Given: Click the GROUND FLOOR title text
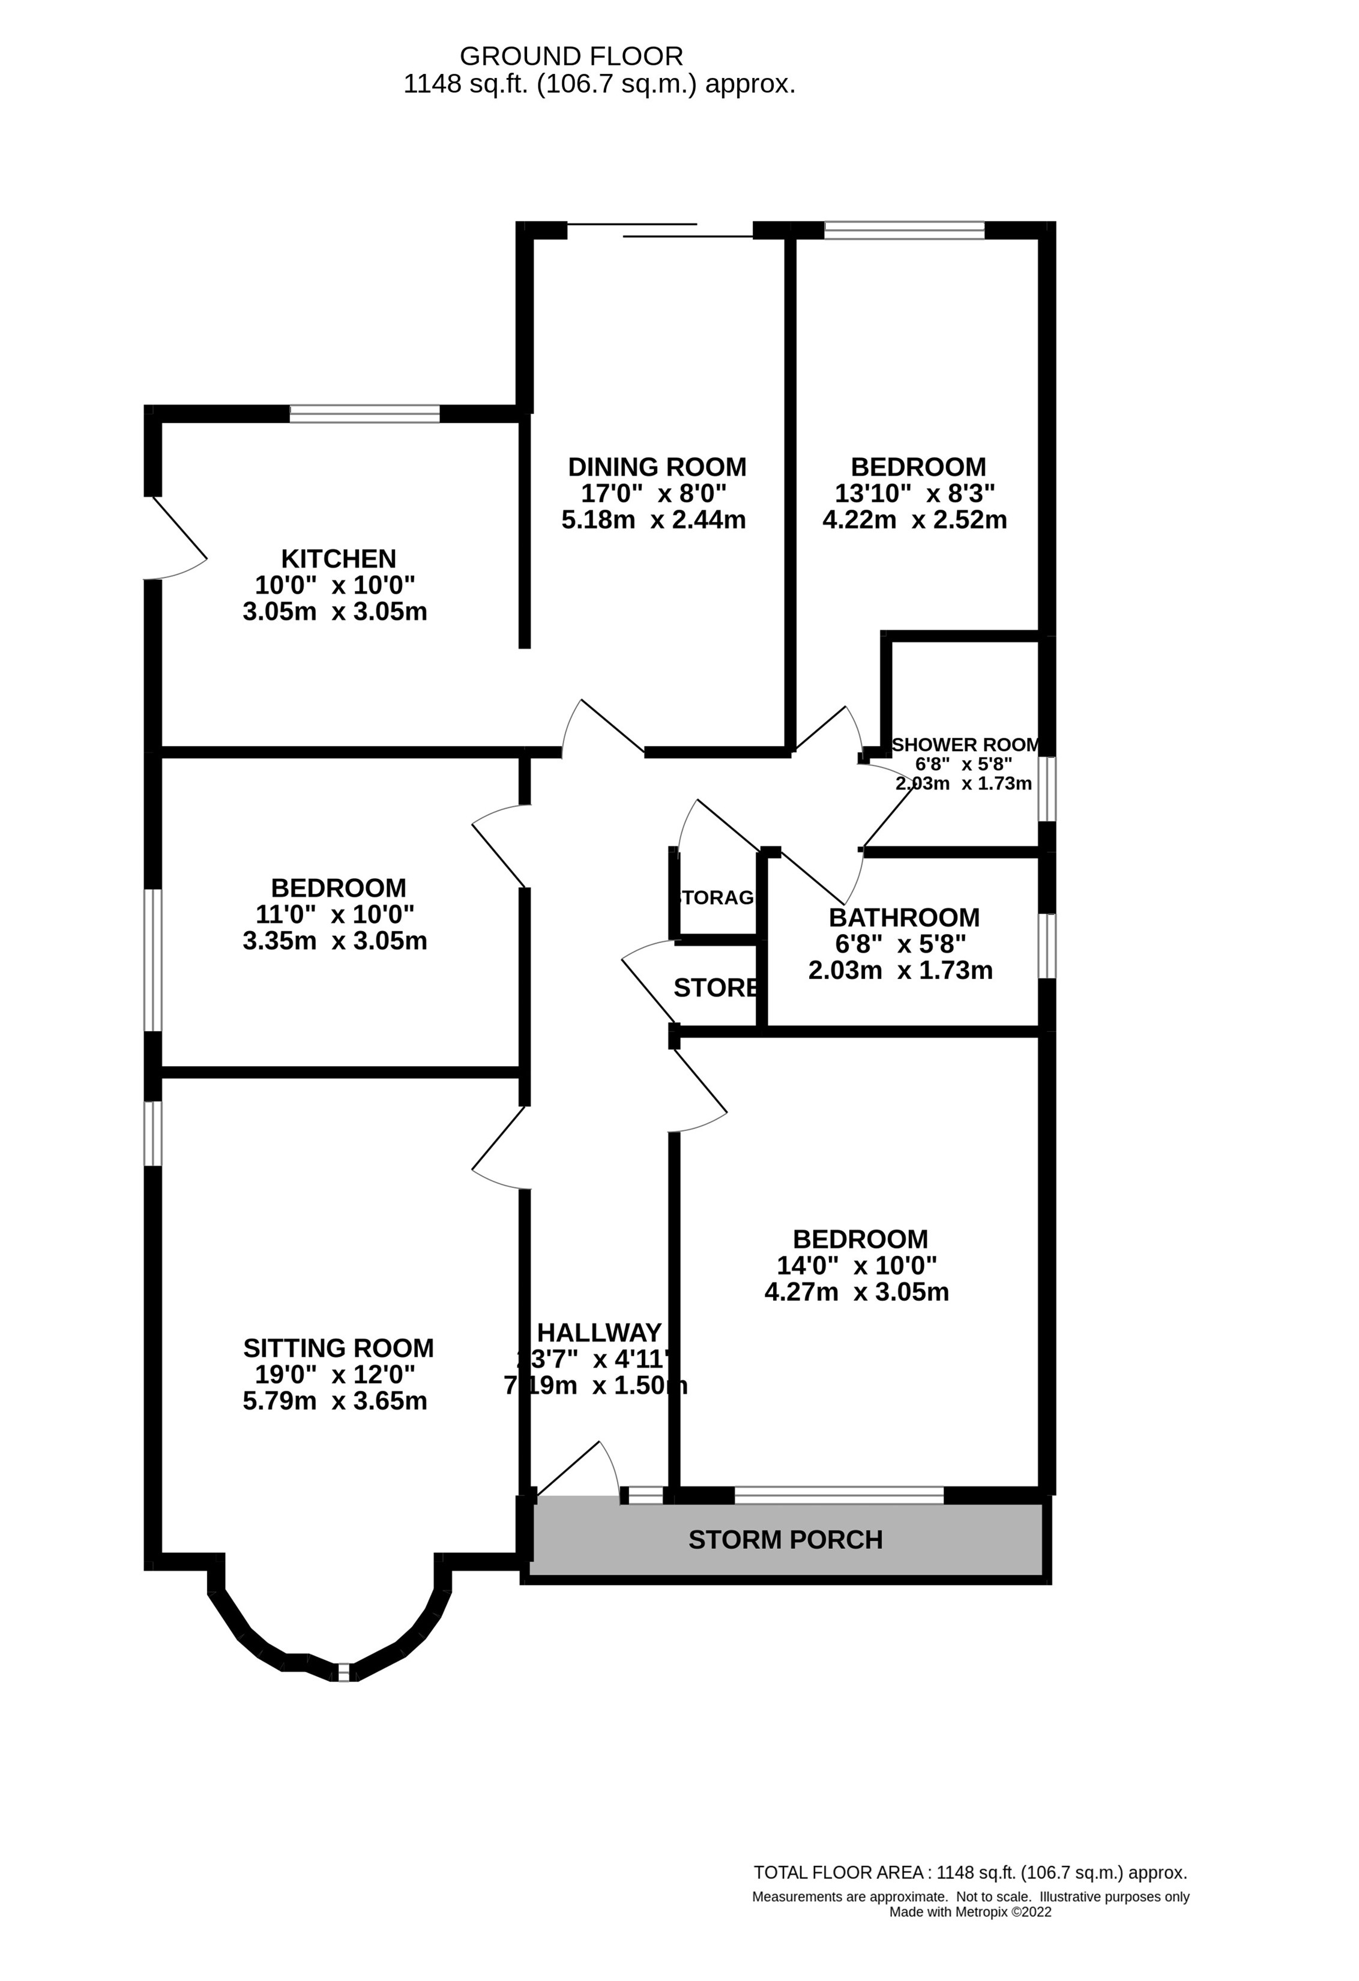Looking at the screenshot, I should [571, 56].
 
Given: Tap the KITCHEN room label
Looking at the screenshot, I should [339, 558].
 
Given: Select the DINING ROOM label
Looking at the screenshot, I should [657, 466].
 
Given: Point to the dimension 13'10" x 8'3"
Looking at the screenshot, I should [915, 493].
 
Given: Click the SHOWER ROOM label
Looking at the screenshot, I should [966, 744].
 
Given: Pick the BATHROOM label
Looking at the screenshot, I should [904, 917].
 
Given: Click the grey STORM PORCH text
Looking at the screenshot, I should [785, 1539].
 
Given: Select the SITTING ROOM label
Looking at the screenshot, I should [339, 1348].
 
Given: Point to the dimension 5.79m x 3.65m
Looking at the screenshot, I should [335, 1401].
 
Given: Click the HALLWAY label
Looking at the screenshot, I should [598, 1332].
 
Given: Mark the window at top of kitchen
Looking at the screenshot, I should [365, 414].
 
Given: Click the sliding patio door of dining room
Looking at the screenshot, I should [661, 229].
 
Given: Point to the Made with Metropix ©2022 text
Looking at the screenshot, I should [970, 1912].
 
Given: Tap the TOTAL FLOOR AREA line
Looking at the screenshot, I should [970, 1873].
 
